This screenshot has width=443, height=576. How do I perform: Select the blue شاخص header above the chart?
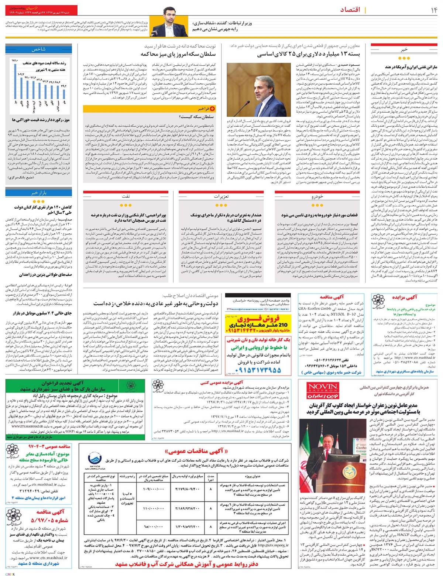38,49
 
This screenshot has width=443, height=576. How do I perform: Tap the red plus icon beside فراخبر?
212,109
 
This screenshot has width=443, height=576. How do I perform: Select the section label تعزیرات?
221,196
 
